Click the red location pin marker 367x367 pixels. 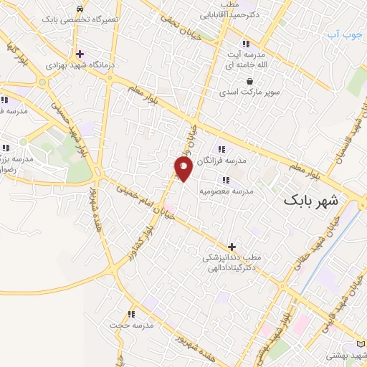coord(183,169)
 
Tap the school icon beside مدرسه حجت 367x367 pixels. coord(130,313)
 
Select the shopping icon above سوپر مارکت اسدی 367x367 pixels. coord(249,81)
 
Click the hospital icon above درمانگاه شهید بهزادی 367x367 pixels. coord(80,54)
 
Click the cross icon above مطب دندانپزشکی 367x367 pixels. coord(231,246)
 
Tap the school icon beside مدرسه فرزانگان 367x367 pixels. coord(221,149)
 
